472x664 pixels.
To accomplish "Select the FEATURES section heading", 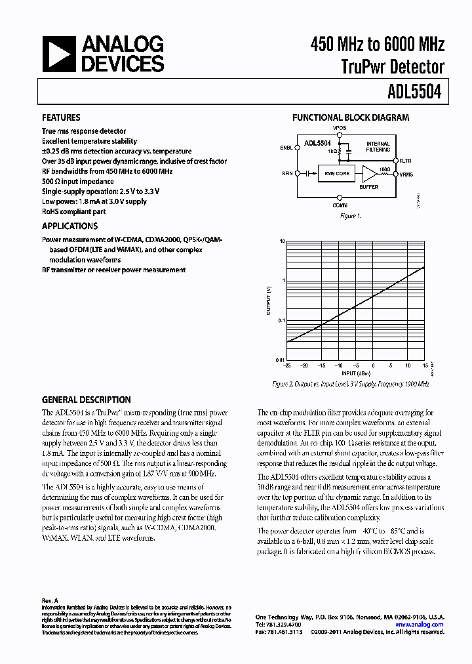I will click(x=61, y=118).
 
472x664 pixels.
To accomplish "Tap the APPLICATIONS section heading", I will click(x=70, y=226).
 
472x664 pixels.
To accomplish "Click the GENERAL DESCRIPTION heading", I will click(x=86, y=400).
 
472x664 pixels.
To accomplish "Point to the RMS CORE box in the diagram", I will click(x=338, y=174).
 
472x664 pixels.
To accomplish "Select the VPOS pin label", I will click(x=340, y=128).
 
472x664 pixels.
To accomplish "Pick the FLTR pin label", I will click(x=406, y=159).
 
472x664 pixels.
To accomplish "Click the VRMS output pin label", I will click(x=406, y=174).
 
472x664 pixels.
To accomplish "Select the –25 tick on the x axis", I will click(x=286, y=365).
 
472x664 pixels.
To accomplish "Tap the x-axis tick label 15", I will click(x=425, y=365).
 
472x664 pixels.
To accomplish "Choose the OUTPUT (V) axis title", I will click(x=268, y=301).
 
